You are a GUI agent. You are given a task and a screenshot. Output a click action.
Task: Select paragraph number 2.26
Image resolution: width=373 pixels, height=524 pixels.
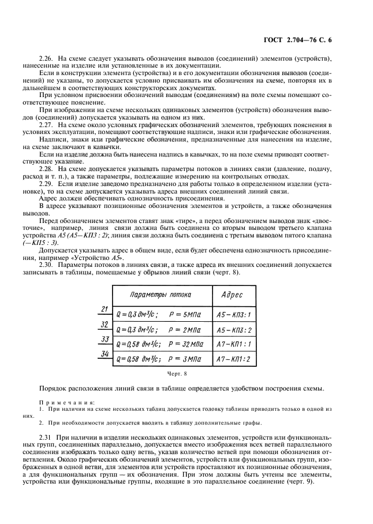46,60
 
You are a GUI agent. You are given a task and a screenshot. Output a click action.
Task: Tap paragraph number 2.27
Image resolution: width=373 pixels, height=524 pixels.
46,125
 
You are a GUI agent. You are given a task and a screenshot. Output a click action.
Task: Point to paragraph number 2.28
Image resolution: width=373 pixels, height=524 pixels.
46,168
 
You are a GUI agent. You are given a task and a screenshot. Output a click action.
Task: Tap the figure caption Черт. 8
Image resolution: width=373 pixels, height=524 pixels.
186,374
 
